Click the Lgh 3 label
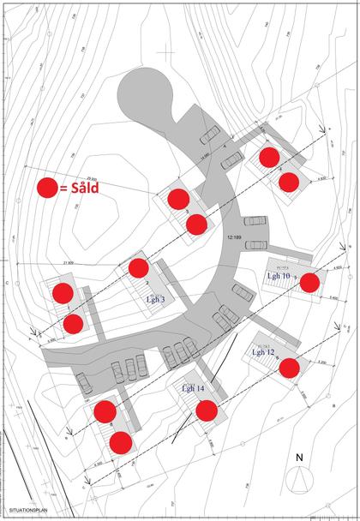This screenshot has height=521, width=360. tap(155, 299)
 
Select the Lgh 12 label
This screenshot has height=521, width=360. tap(263, 352)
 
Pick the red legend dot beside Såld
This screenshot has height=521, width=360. tap(48, 189)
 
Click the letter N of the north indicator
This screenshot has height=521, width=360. tap(298, 457)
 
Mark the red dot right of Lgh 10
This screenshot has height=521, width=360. tap(309, 281)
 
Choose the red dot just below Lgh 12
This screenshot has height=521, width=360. tap(289, 368)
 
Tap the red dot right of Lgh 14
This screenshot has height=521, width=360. tap(206, 410)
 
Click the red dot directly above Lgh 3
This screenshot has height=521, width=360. tap(139, 267)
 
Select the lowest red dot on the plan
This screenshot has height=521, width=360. tap(120, 442)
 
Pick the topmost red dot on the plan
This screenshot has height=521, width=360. tap(269, 157)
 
